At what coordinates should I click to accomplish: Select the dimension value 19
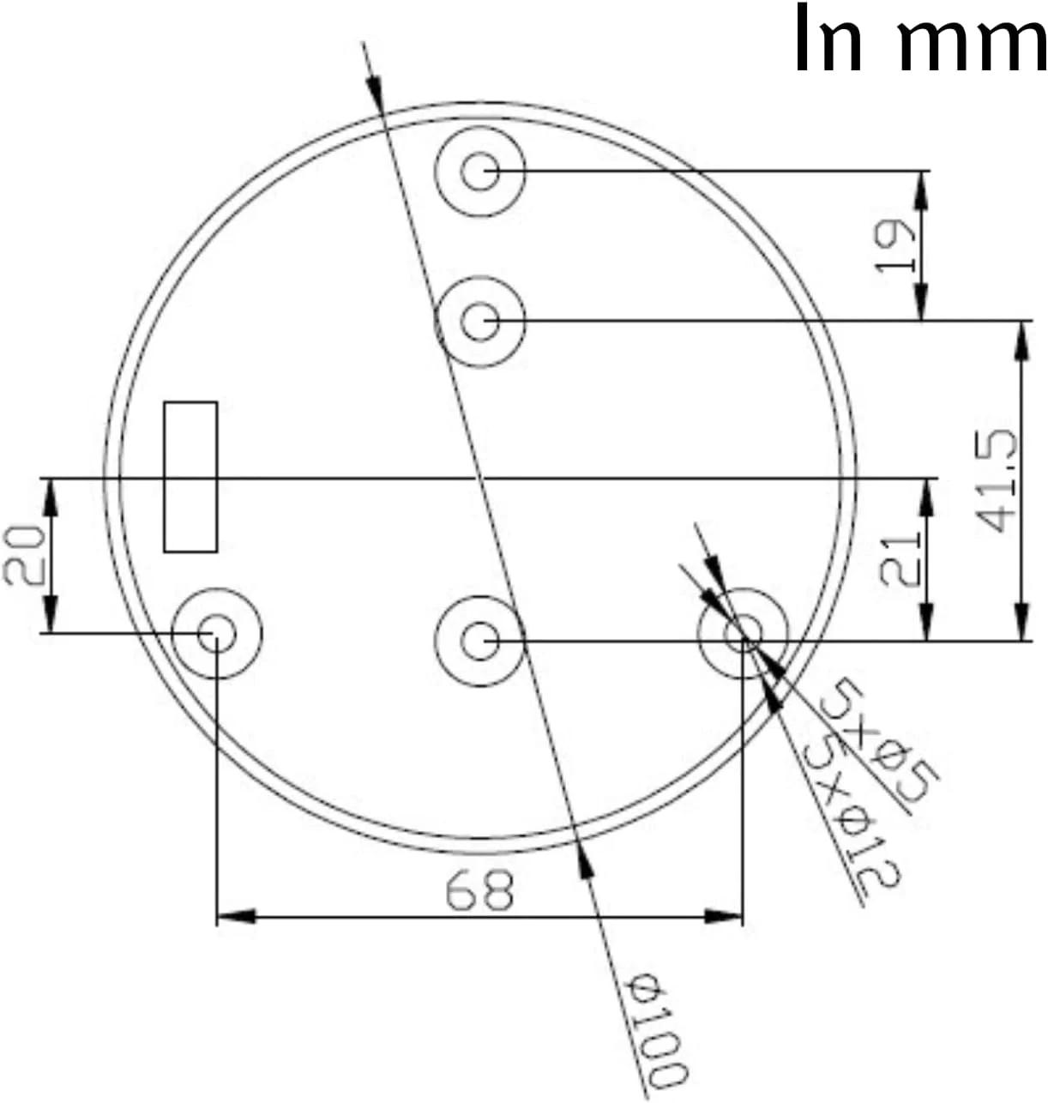coord(895,246)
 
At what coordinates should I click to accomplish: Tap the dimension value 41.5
coord(997,481)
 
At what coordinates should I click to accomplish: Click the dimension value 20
coord(23,555)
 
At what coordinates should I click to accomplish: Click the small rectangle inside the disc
coord(190,477)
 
